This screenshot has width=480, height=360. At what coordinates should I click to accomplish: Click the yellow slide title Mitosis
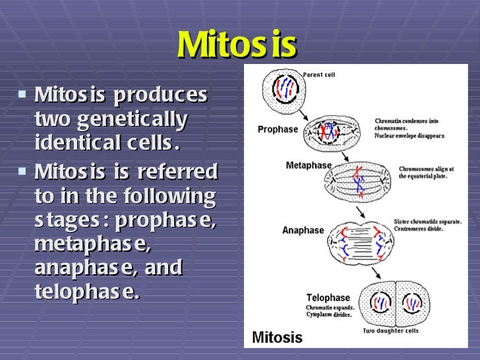pyautogui.click(x=237, y=45)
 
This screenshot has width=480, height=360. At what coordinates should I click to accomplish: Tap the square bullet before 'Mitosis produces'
pyautogui.click(x=23, y=94)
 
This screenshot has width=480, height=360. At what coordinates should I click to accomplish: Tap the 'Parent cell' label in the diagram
pyautogui.click(x=319, y=75)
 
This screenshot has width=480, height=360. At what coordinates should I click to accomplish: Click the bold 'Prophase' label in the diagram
pyautogui.click(x=278, y=129)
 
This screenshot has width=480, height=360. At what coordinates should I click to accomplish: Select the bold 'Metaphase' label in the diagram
pyautogui.click(x=307, y=165)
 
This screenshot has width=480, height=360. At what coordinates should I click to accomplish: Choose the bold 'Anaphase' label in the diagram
pyautogui.click(x=303, y=231)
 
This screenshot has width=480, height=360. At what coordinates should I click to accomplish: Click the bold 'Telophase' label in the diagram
pyautogui.click(x=328, y=298)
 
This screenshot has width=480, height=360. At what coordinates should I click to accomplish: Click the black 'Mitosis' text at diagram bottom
pyautogui.click(x=277, y=338)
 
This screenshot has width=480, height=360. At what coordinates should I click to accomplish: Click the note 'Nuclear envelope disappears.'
pyautogui.click(x=410, y=135)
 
